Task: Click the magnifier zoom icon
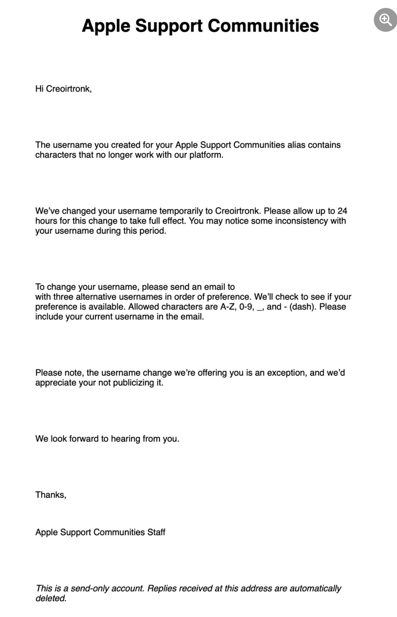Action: coord(385,20)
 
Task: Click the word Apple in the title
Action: coord(106,26)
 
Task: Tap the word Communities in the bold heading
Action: coord(263,26)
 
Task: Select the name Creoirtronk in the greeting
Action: coord(68,89)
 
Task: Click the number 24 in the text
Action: coord(342,211)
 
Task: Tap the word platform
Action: coord(206,155)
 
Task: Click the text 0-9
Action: coord(246,307)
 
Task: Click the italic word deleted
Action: coord(51,598)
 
